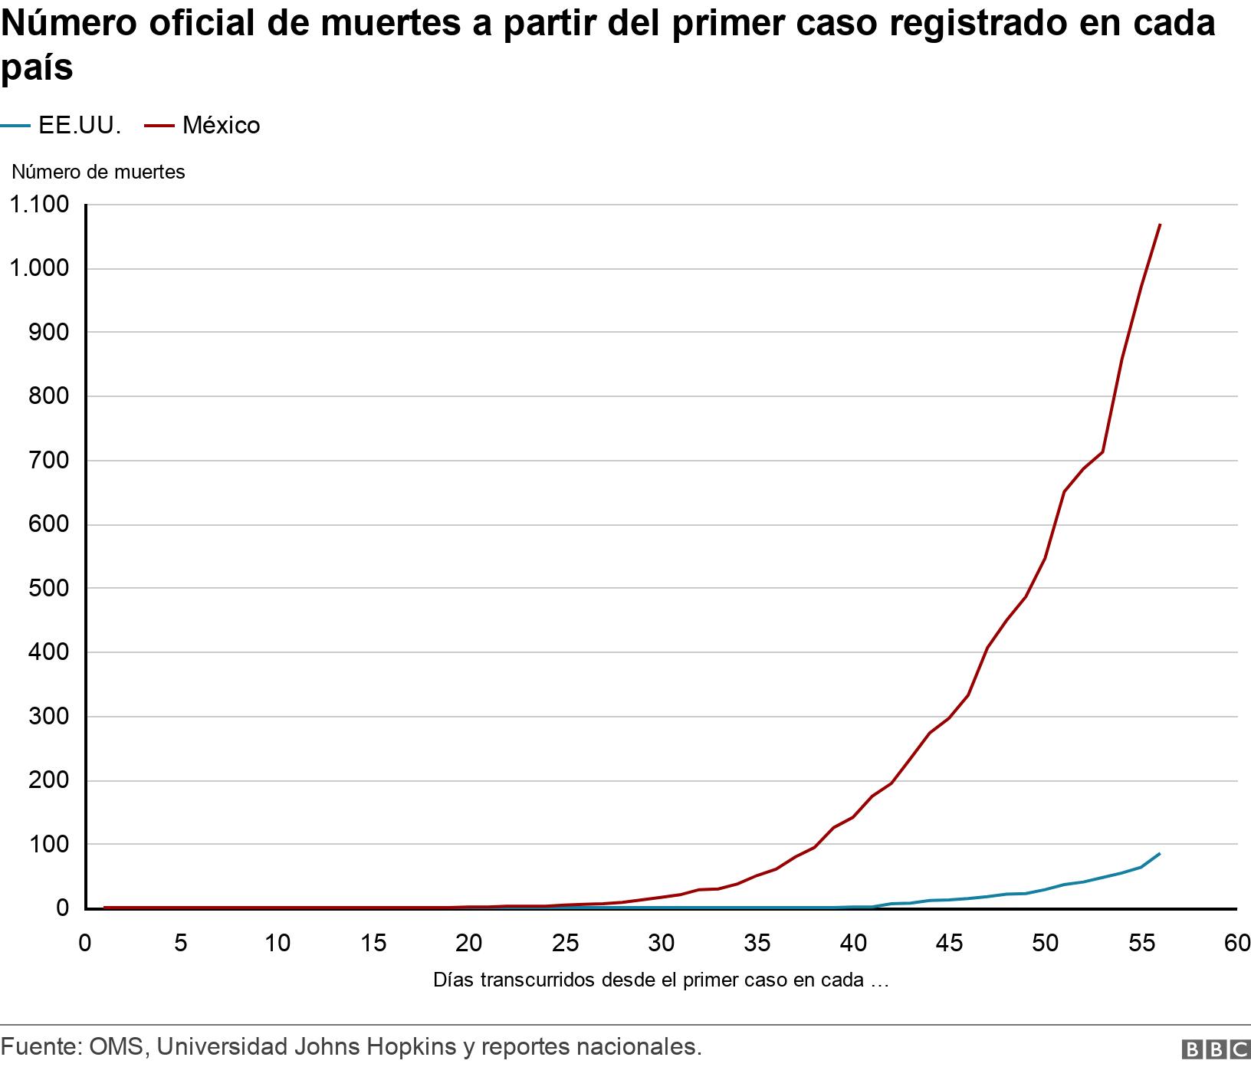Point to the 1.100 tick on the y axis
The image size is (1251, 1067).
tap(38, 205)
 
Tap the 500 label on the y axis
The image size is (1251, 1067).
tap(50, 589)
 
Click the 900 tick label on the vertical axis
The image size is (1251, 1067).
tap(50, 333)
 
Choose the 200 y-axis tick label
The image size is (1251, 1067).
tap(50, 780)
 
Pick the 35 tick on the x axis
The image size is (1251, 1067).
tap(757, 944)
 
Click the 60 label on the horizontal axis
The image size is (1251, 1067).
tap(1236, 944)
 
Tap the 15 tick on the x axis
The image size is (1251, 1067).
tap(373, 944)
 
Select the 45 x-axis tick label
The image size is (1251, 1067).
tap(949, 944)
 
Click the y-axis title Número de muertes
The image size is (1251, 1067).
tap(98, 172)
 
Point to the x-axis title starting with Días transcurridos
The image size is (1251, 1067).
tap(660, 980)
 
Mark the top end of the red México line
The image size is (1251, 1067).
tap(1160, 225)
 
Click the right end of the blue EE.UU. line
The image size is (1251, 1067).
tap(1160, 853)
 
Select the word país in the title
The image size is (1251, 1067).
tap(37, 67)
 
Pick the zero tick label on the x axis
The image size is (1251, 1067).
tap(85, 944)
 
